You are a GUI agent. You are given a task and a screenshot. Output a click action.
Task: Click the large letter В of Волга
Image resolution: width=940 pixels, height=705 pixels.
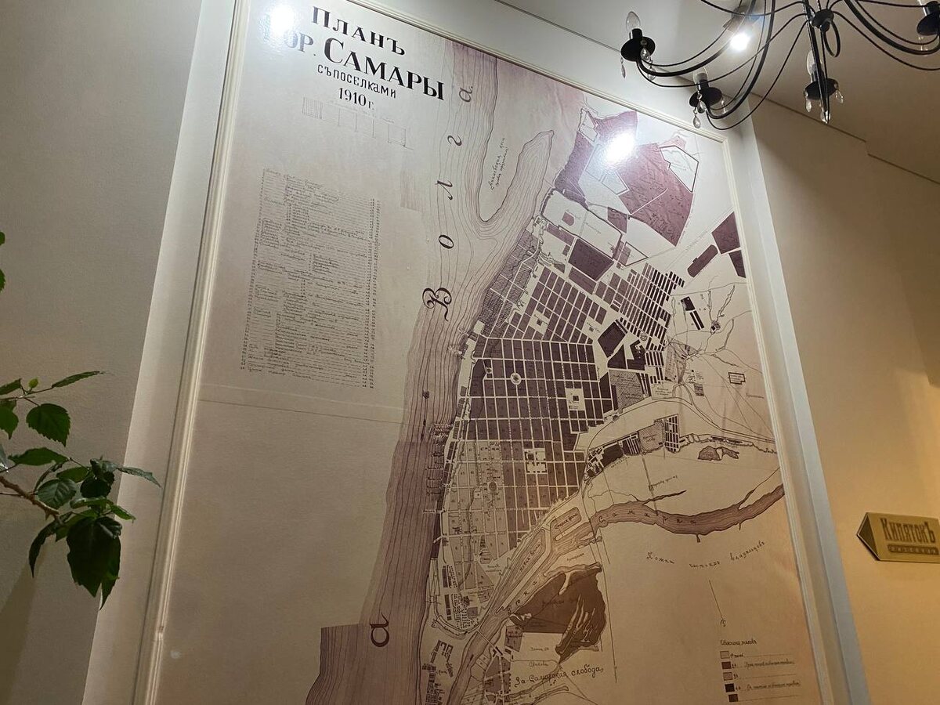[437, 302]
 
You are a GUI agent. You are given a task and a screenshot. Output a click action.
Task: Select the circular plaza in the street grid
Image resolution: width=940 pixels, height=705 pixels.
[515, 379]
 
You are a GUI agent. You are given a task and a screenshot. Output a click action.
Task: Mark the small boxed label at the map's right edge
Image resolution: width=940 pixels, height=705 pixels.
[736, 378]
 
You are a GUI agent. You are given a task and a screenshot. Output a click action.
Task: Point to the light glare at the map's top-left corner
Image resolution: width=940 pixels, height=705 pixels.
[280, 17]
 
